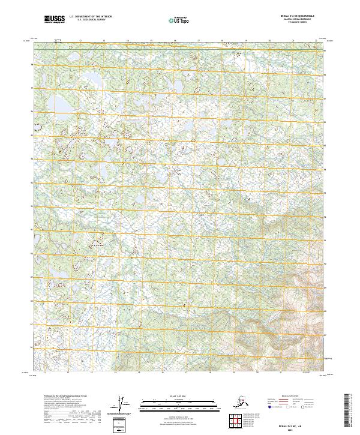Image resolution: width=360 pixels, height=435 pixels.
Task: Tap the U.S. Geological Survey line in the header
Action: (86, 21)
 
